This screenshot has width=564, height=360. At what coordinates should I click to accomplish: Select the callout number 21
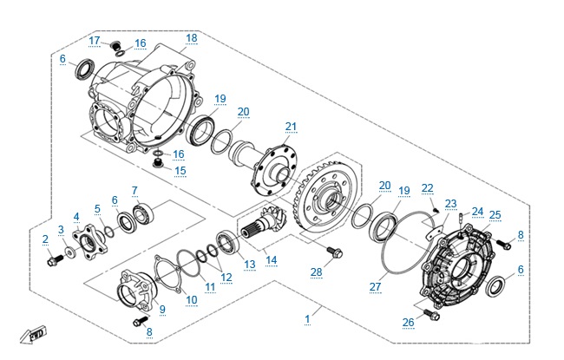pyautogui.click(x=291, y=127)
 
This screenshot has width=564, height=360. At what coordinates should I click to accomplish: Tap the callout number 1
pyautogui.click(x=307, y=319)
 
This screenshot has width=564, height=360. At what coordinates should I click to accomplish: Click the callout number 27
pyautogui.click(x=375, y=285)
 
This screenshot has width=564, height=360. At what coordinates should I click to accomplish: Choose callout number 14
pyautogui.click(x=272, y=259)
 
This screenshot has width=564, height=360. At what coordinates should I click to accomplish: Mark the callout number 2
pyautogui.click(x=45, y=238)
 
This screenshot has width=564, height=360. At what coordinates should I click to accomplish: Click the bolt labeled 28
pyautogui.click(x=332, y=253)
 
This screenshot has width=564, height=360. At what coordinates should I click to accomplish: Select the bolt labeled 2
pyautogui.click(x=56, y=258)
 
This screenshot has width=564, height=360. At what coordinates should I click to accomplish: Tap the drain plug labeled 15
pyautogui.click(x=159, y=161)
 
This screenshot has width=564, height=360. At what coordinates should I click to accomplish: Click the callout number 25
pyautogui.click(x=495, y=215)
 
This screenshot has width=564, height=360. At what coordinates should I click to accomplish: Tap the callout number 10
pyautogui.click(x=192, y=299)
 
